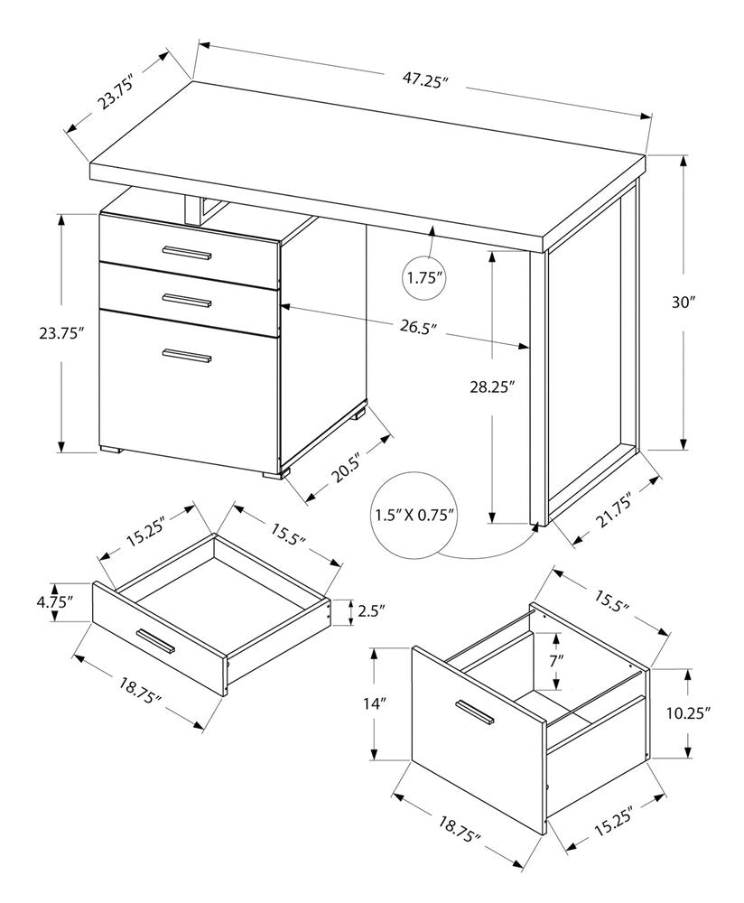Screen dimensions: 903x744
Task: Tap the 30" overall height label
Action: [x=684, y=303]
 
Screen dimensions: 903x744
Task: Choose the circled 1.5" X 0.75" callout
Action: [x=414, y=516]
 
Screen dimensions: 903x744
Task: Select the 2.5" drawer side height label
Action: [x=370, y=611]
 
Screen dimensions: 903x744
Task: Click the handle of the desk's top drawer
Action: [x=186, y=252]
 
